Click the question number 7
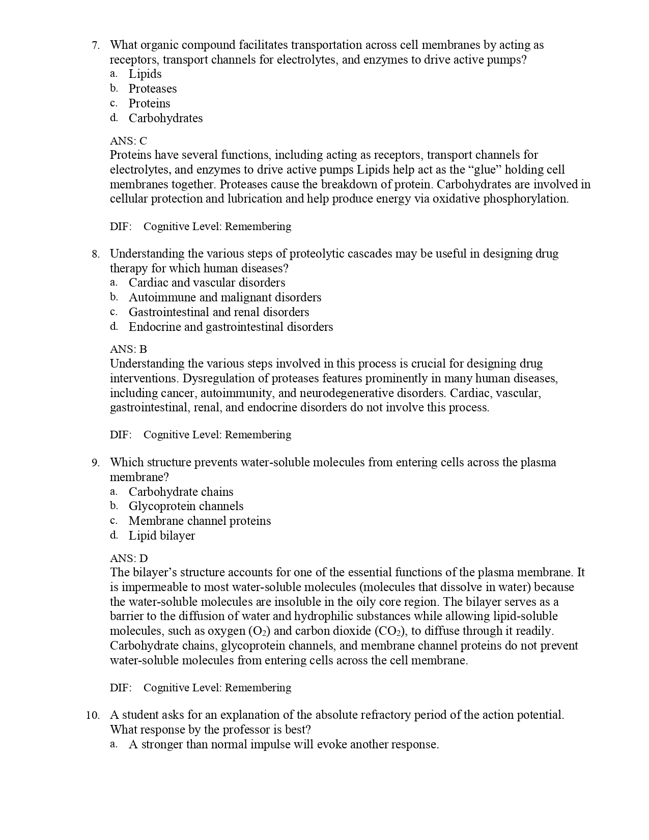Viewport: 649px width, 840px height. [x=95, y=45]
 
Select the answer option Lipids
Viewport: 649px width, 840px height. [x=145, y=74]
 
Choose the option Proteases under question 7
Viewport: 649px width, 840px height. [x=152, y=89]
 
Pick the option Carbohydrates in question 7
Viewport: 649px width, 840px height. [x=165, y=118]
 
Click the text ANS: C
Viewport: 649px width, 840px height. [x=128, y=141]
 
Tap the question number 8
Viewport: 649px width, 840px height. [x=95, y=254]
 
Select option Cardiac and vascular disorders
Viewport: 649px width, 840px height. [x=207, y=283]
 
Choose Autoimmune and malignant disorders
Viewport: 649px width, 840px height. [x=224, y=297]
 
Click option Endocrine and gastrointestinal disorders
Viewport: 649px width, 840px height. [x=231, y=327]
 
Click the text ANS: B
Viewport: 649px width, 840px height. [x=128, y=349]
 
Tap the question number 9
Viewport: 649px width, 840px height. [x=95, y=463]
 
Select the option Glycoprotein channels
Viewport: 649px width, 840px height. [x=186, y=506]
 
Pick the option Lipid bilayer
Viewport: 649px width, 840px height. [x=161, y=536]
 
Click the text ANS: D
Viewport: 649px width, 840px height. [x=129, y=558]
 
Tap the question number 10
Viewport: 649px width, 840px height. [x=93, y=715]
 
